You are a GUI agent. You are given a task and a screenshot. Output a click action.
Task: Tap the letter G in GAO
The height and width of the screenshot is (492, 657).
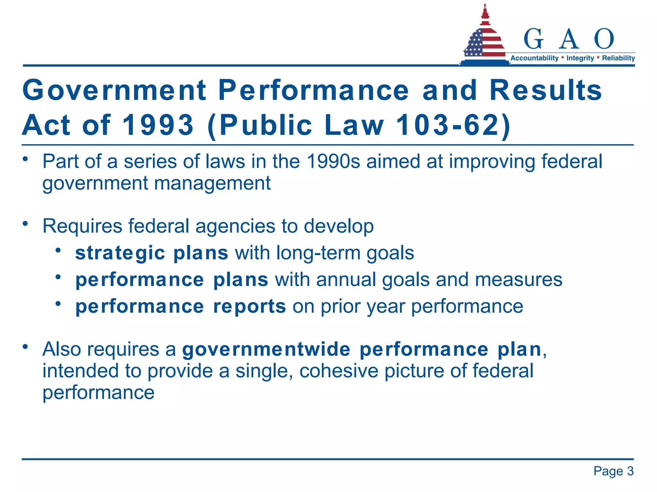tap(533, 39)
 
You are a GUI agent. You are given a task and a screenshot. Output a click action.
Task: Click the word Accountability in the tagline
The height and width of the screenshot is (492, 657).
tap(534, 58)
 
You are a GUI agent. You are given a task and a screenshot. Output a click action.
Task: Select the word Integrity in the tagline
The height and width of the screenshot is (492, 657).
tap(580, 58)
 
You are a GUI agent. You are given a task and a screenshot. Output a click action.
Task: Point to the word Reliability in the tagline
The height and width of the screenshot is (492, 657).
tap(618, 58)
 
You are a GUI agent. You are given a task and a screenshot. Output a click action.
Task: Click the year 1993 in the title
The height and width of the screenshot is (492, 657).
tap(158, 125)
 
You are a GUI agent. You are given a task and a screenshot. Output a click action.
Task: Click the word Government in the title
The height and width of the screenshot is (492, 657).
tap(115, 90)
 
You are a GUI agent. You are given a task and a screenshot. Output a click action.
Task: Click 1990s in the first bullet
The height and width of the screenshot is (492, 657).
tap(333, 161)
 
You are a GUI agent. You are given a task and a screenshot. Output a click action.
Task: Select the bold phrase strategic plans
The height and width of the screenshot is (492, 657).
tap(151, 253)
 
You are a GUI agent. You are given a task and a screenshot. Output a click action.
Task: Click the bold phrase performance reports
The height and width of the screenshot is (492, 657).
tap(180, 306)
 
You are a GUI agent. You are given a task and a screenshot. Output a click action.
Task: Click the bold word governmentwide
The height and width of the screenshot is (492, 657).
tap(266, 349)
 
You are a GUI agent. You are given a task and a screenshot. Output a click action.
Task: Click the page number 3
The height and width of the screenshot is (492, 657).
tap(630, 471)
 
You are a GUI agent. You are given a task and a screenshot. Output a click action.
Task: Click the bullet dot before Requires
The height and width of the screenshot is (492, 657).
tap(25, 224)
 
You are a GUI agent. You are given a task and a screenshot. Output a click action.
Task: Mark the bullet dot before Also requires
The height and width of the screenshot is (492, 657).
tap(25, 347)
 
